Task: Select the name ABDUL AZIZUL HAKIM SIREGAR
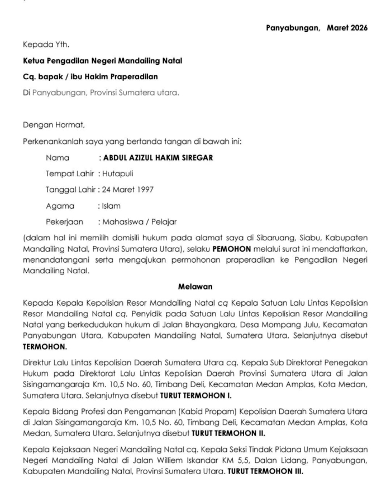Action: pyautogui.click(x=158, y=157)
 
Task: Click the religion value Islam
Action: pyautogui.click(x=112, y=206)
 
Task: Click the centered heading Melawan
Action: pyautogui.click(x=195, y=287)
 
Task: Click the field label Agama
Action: pyautogui.click(x=60, y=206)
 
